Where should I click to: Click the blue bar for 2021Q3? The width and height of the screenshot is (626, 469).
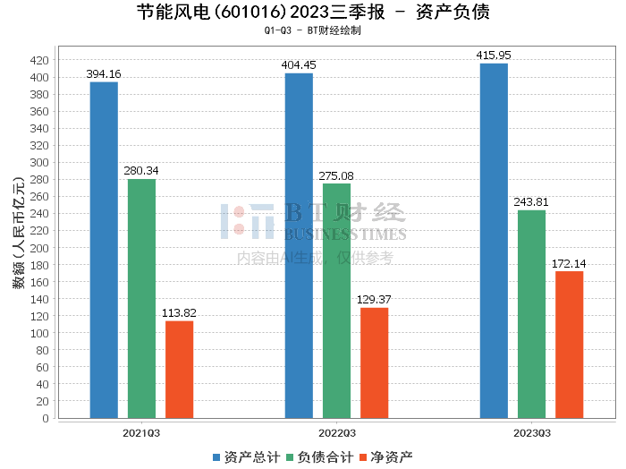pyautogui.click(x=104, y=250)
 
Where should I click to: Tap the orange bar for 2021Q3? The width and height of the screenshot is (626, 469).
pyautogui.click(x=179, y=369)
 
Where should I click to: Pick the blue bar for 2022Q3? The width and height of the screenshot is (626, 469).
pyautogui.click(x=299, y=245)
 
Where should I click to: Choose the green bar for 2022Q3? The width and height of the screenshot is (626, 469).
pyautogui.click(x=336, y=301)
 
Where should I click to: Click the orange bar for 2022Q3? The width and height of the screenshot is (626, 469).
pyautogui.click(x=374, y=362)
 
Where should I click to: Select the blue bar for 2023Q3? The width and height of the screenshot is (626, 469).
pyautogui.click(x=494, y=241)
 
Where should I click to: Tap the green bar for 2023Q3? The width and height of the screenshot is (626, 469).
pyautogui.click(x=531, y=314)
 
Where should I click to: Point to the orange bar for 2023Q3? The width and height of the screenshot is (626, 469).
pyautogui.click(x=569, y=345)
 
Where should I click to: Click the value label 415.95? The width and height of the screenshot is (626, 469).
pyautogui.click(x=494, y=55)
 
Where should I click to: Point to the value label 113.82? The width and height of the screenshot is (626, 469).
pyautogui.click(x=179, y=313)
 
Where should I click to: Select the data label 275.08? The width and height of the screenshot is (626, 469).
pyautogui.click(x=336, y=176)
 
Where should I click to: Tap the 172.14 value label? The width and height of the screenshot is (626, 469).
pyautogui.click(x=569, y=264)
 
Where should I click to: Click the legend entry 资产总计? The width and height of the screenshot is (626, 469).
pyautogui.click(x=243, y=456)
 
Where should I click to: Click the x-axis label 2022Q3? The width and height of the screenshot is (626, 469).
pyautogui.click(x=336, y=432)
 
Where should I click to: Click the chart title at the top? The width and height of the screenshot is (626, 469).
pyautogui.click(x=313, y=13)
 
